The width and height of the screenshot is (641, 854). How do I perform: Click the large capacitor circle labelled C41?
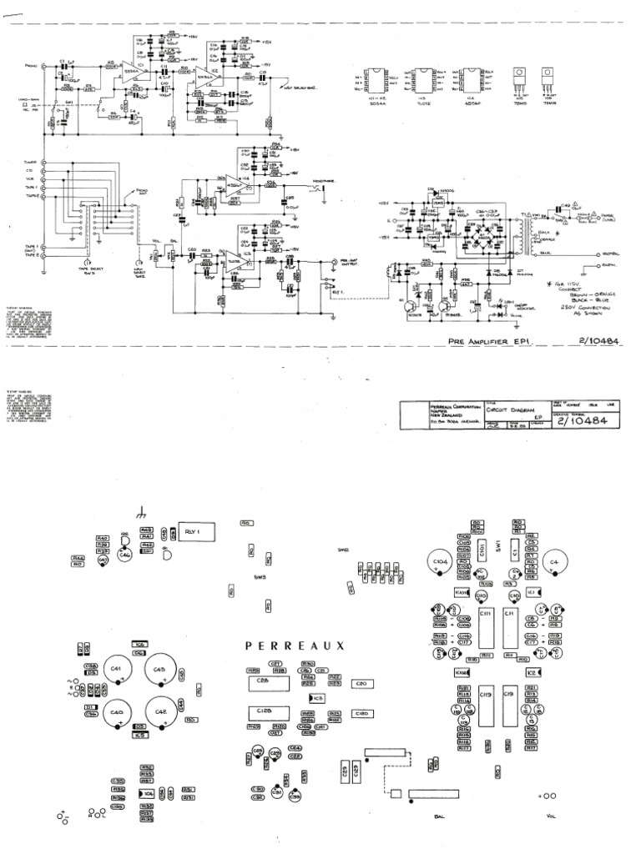pyautogui.click(x=116, y=670)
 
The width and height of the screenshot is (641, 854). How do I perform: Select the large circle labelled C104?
pyautogui.click(x=442, y=565)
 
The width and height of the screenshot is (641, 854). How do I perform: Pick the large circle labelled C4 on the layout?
pyautogui.click(x=554, y=565)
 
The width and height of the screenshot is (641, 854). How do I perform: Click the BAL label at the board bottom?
pyautogui.click(x=437, y=816)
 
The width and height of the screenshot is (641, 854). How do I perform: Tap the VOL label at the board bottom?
pyautogui.click(x=551, y=816)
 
